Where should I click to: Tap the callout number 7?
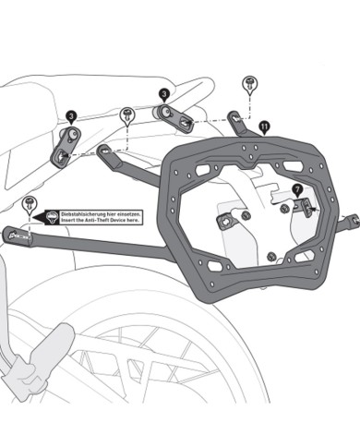[297, 189]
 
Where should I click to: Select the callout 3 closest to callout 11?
[162, 94]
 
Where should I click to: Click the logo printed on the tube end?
[19, 236]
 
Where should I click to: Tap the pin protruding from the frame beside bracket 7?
[348, 220]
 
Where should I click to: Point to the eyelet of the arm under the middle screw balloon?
[109, 150]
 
